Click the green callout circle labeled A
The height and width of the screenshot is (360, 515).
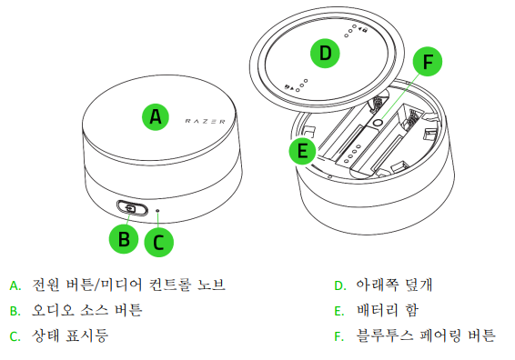[156, 117]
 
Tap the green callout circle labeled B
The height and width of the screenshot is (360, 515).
[124, 239]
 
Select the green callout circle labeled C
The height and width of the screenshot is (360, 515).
[158, 242]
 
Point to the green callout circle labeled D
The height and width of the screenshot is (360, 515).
[325, 53]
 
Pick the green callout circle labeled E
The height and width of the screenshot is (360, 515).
[302, 151]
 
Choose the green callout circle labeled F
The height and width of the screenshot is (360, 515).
[428, 62]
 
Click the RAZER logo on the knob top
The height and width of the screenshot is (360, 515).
[206, 122]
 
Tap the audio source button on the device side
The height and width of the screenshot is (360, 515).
[132, 208]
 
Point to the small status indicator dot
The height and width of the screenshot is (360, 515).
[158, 210]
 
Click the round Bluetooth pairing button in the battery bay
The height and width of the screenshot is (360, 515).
[378, 123]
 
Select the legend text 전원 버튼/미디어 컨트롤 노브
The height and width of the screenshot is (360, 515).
[129, 285]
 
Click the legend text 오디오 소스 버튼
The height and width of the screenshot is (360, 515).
[87, 310]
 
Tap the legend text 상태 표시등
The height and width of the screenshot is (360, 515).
[70, 335]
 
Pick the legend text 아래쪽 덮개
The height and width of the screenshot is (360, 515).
[395, 285]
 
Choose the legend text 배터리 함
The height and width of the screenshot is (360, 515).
[388, 310]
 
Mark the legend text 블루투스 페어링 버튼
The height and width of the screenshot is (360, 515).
[426, 335]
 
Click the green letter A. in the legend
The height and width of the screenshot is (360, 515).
[15, 285]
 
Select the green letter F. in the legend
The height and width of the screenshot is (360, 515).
[339, 336]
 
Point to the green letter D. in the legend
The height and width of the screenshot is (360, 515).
[340, 285]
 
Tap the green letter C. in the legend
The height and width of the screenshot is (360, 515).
[15, 336]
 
